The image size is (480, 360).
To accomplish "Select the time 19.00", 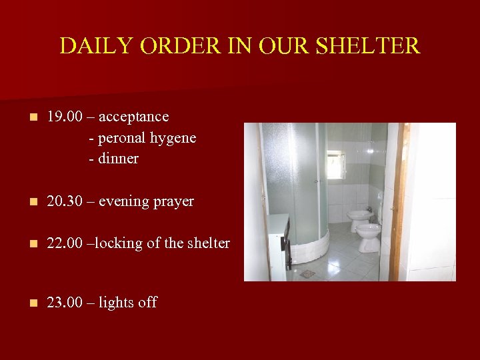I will coord(65,117).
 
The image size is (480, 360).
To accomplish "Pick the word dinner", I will coord(118,159).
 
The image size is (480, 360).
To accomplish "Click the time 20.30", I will coord(65,201).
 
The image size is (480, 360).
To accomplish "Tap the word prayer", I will coord(173,201).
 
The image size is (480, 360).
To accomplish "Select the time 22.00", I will coord(65,243).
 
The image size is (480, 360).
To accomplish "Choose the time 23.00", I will coord(65,303).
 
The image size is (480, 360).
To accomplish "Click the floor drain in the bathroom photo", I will coord(307,273).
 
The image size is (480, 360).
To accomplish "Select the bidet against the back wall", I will coord(360,219).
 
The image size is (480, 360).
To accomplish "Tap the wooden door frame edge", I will coord(399,200).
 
